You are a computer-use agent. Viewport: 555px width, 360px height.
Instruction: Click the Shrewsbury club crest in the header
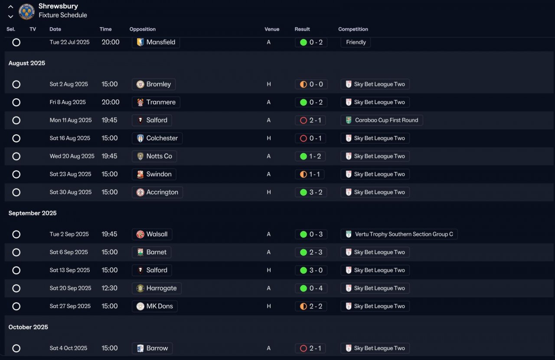pos(26,11)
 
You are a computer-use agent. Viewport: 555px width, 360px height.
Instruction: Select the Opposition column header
pos(142,29)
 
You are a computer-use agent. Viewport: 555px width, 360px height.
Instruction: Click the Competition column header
pos(353,29)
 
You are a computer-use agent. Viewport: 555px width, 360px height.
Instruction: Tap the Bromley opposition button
pos(153,84)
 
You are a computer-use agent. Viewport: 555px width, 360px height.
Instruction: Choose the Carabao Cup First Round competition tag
pos(382,120)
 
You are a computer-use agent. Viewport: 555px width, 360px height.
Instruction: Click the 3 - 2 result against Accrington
pos(311,192)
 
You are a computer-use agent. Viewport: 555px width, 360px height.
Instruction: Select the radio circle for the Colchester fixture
pos(16,138)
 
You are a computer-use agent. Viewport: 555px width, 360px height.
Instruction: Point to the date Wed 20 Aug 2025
pos(72,156)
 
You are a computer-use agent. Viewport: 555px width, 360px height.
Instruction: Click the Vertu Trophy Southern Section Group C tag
pos(399,234)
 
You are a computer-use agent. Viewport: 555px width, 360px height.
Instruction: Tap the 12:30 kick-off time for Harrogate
pos(109,288)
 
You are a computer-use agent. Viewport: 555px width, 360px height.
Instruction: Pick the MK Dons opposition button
pos(154,306)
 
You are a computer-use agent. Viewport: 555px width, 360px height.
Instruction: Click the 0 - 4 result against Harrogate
pos(311,288)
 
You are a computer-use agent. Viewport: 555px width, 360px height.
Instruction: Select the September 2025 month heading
pos(33,213)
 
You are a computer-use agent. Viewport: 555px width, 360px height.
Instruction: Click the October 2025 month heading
pos(28,327)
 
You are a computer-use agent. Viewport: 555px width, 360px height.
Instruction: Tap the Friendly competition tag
pos(356,42)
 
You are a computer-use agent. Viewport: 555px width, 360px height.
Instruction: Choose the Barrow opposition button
pos(152,348)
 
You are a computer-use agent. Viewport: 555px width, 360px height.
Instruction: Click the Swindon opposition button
pos(154,174)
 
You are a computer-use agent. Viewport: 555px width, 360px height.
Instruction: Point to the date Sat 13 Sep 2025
pos(70,270)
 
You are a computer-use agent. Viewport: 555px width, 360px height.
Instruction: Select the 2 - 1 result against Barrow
pos(311,348)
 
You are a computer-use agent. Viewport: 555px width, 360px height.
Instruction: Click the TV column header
pos(33,29)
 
